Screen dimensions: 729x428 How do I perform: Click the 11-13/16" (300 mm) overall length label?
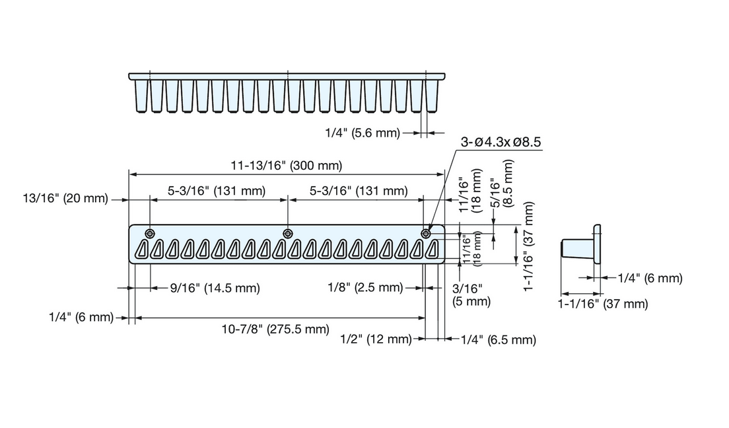(287, 165)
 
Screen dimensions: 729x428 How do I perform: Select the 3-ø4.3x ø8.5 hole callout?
(501, 142)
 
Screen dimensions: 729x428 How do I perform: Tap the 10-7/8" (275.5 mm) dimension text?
(275, 330)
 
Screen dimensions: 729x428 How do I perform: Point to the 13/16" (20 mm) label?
(65, 199)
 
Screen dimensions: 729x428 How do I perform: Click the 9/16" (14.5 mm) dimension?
(215, 288)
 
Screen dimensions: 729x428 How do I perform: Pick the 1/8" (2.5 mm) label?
(365, 287)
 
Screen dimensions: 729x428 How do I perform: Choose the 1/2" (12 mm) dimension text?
(376, 339)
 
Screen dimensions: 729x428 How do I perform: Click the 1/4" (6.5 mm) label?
(499, 340)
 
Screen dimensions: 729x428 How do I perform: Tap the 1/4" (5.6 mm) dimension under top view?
(363, 133)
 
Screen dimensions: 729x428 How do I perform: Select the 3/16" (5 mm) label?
(471, 295)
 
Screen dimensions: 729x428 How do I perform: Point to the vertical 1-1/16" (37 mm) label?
(529, 246)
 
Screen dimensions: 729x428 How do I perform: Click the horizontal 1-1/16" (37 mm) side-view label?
(602, 304)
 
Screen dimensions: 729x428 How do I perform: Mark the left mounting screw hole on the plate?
(150, 233)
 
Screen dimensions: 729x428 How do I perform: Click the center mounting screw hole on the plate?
(289, 233)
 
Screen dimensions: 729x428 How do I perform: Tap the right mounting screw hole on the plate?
(425, 233)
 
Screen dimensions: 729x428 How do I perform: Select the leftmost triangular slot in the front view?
(142, 250)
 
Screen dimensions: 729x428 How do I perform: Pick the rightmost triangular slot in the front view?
(432, 250)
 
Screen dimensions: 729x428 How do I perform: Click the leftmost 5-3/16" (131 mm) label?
(217, 191)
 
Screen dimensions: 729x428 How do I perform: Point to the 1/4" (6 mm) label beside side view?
(650, 278)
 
